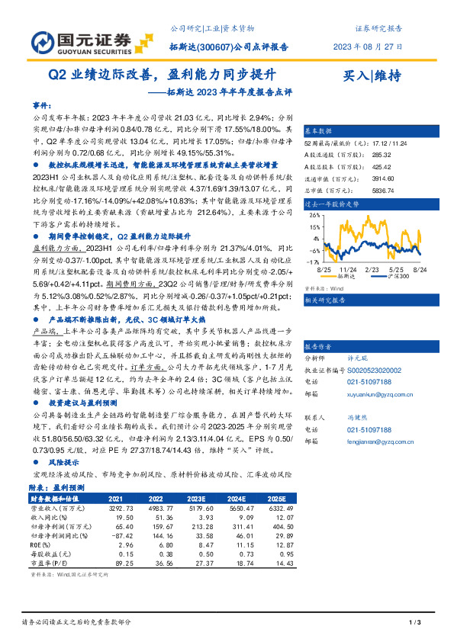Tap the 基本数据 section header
(320, 130)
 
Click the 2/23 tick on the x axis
(372, 270)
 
